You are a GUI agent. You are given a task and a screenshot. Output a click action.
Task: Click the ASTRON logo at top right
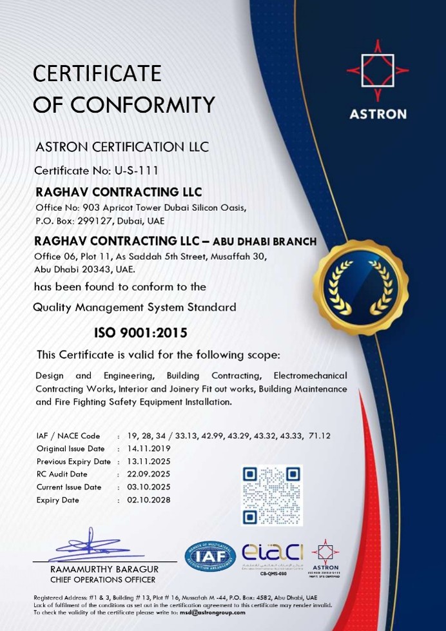[378, 80]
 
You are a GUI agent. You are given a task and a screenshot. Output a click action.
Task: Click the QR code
[271, 494]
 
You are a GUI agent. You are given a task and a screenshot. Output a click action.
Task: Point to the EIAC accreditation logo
[273, 555]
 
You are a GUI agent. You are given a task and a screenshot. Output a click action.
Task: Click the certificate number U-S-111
[137, 171]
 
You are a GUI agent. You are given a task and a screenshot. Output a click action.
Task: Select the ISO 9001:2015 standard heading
[141, 333]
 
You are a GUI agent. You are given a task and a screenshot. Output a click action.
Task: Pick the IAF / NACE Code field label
[68, 436]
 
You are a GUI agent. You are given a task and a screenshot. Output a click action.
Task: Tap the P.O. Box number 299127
[97, 220]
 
